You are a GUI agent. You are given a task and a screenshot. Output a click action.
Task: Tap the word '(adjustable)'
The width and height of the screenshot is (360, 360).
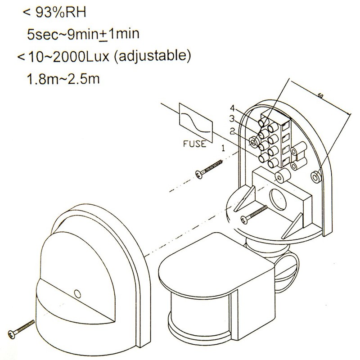point(154,58)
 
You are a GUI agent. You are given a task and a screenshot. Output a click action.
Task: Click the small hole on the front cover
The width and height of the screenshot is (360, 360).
point(77,293)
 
